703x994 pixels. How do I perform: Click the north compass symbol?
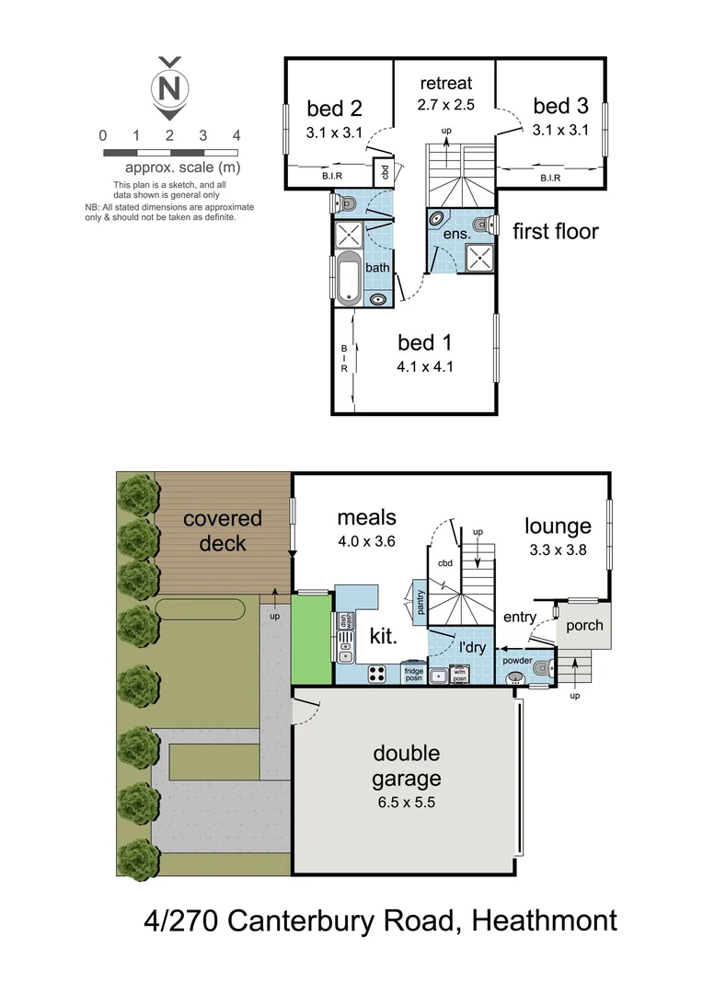coord(169,87)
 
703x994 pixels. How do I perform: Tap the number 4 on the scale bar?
coord(236,135)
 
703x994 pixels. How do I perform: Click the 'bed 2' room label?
coord(328,108)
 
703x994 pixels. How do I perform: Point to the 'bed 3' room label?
coord(558,107)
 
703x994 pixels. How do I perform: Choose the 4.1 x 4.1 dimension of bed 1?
coord(425,366)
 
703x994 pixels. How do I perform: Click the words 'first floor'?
coord(555,231)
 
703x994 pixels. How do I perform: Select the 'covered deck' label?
coord(222,531)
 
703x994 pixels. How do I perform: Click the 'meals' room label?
coord(365,518)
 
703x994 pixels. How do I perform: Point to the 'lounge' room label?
coord(558,526)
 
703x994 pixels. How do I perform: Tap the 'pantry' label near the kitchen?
coord(419,603)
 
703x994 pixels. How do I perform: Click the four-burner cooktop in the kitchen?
coord(377,674)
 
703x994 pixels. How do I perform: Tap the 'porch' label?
coord(583,626)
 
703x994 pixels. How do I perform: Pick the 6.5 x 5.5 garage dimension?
coord(406,803)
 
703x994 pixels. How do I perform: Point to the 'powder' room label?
coord(517,661)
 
